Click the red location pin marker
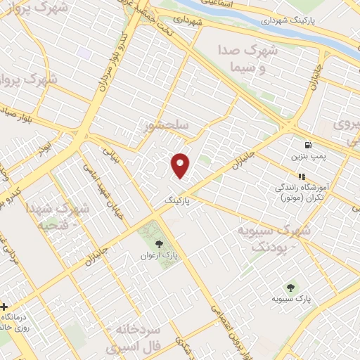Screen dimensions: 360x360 181,165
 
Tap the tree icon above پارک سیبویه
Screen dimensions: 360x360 290,287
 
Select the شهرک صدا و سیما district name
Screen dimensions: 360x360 252,59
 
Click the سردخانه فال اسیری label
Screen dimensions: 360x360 138,337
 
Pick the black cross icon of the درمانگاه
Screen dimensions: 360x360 5,307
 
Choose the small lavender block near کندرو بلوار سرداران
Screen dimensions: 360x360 84,53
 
